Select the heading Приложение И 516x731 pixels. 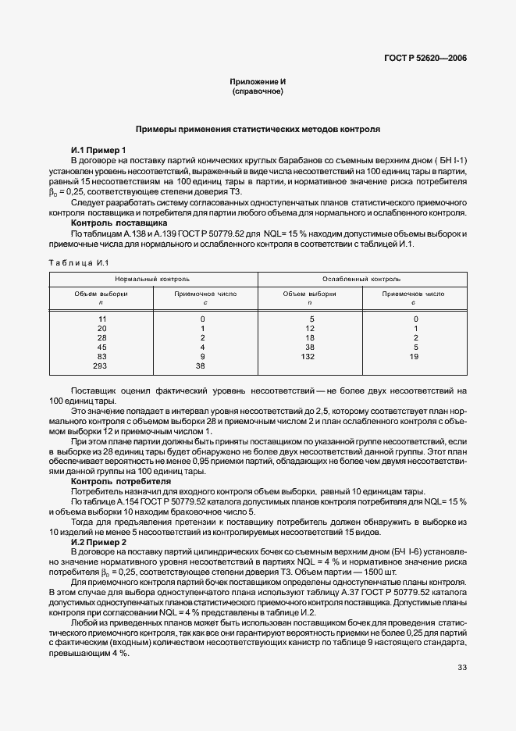click(257, 82)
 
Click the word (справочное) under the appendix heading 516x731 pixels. click(257, 91)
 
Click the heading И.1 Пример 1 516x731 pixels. click(98, 150)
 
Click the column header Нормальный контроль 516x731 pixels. click(152, 278)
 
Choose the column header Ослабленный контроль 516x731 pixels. click(361, 278)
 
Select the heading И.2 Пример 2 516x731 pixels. click(98, 541)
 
